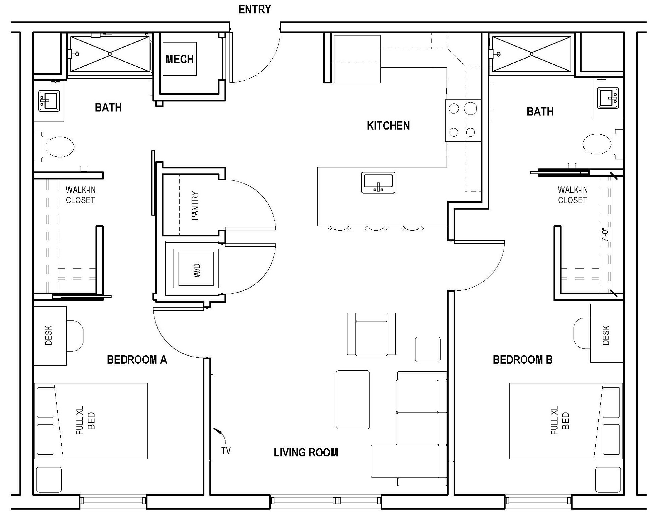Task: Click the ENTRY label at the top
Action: pyautogui.click(x=255, y=10)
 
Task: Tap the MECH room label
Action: pyautogui.click(x=180, y=60)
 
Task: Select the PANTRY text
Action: pyautogui.click(x=195, y=206)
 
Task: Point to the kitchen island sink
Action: pyautogui.click(x=378, y=183)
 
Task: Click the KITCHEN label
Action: pyautogui.click(x=388, y=126)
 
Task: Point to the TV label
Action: pyautogui.click(x=226, y=451)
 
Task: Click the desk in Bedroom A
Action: pyautogui.click(x=50, y=335)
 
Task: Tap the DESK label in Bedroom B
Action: pyautogui.click(x=606, y=335)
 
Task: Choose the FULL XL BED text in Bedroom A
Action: pyautogui.click(x=85, y=421)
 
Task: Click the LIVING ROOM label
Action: pyautogui.click(x=306, y=453)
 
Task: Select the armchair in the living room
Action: pyautogui.click(x=371, y=334)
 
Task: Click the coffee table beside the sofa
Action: pyautogui.click(x=352, y=399)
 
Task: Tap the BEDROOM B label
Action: pyautogui.click(x=522, y=360)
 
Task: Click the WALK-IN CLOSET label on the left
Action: pyautogui.click(x=80, y=195)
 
